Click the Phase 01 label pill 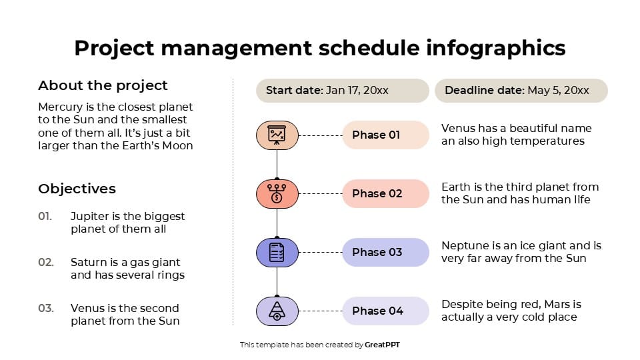(385, 135)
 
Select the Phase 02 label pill (385, 193)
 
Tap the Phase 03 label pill (385, 252)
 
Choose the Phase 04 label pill (385, 311)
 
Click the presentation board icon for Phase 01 (277, 135)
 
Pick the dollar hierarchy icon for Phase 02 (277, 193)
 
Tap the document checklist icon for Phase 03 (277, 252)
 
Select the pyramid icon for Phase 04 (277, 311)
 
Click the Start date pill (342, 91)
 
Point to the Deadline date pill (521, 91)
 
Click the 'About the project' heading (103, 85)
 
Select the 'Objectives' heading (77, 189)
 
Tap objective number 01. (45, 217)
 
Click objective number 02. (45, 263)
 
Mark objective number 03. (45, 308)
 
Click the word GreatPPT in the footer (383, 345)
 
